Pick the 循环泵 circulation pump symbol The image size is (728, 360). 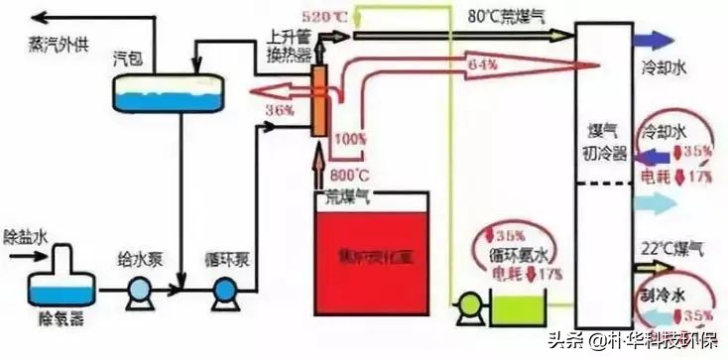224,290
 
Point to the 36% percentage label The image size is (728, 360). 281,108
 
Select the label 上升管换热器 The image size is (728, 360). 292,43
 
